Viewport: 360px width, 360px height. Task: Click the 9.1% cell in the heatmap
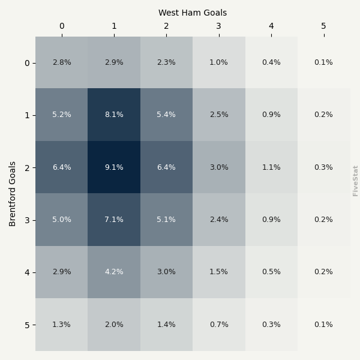click(114, 167)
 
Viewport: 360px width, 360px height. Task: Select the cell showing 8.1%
click(114, 115)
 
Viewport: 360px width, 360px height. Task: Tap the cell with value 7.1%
click(114, 220)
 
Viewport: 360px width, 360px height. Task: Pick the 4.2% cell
click(114, 272)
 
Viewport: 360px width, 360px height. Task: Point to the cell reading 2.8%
click(61, 62)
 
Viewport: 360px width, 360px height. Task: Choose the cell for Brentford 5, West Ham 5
click(323, 325)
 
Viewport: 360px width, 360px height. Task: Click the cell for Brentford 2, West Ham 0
click(61, 167)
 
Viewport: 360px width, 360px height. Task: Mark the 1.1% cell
click(271, 167)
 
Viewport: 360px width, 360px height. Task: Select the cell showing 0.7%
click(218, 325)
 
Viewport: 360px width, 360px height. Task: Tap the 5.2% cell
click(61, 115)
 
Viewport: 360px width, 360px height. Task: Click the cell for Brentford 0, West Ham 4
click(271, 62)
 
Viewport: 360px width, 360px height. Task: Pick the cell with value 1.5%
click(218, 272)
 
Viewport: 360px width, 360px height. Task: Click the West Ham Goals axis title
click(193, 13)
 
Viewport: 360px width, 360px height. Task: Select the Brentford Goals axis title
click(13, 193)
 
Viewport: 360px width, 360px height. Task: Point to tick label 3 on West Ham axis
click(218, 26)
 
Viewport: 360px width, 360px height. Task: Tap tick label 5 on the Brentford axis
click(26, 325)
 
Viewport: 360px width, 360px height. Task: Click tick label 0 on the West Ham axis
click(61, 26)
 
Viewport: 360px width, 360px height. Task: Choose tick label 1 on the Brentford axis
click(26, 115)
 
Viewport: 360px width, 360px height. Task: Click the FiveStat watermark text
click(355, 181)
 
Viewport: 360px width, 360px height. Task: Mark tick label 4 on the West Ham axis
click(271, 26)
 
